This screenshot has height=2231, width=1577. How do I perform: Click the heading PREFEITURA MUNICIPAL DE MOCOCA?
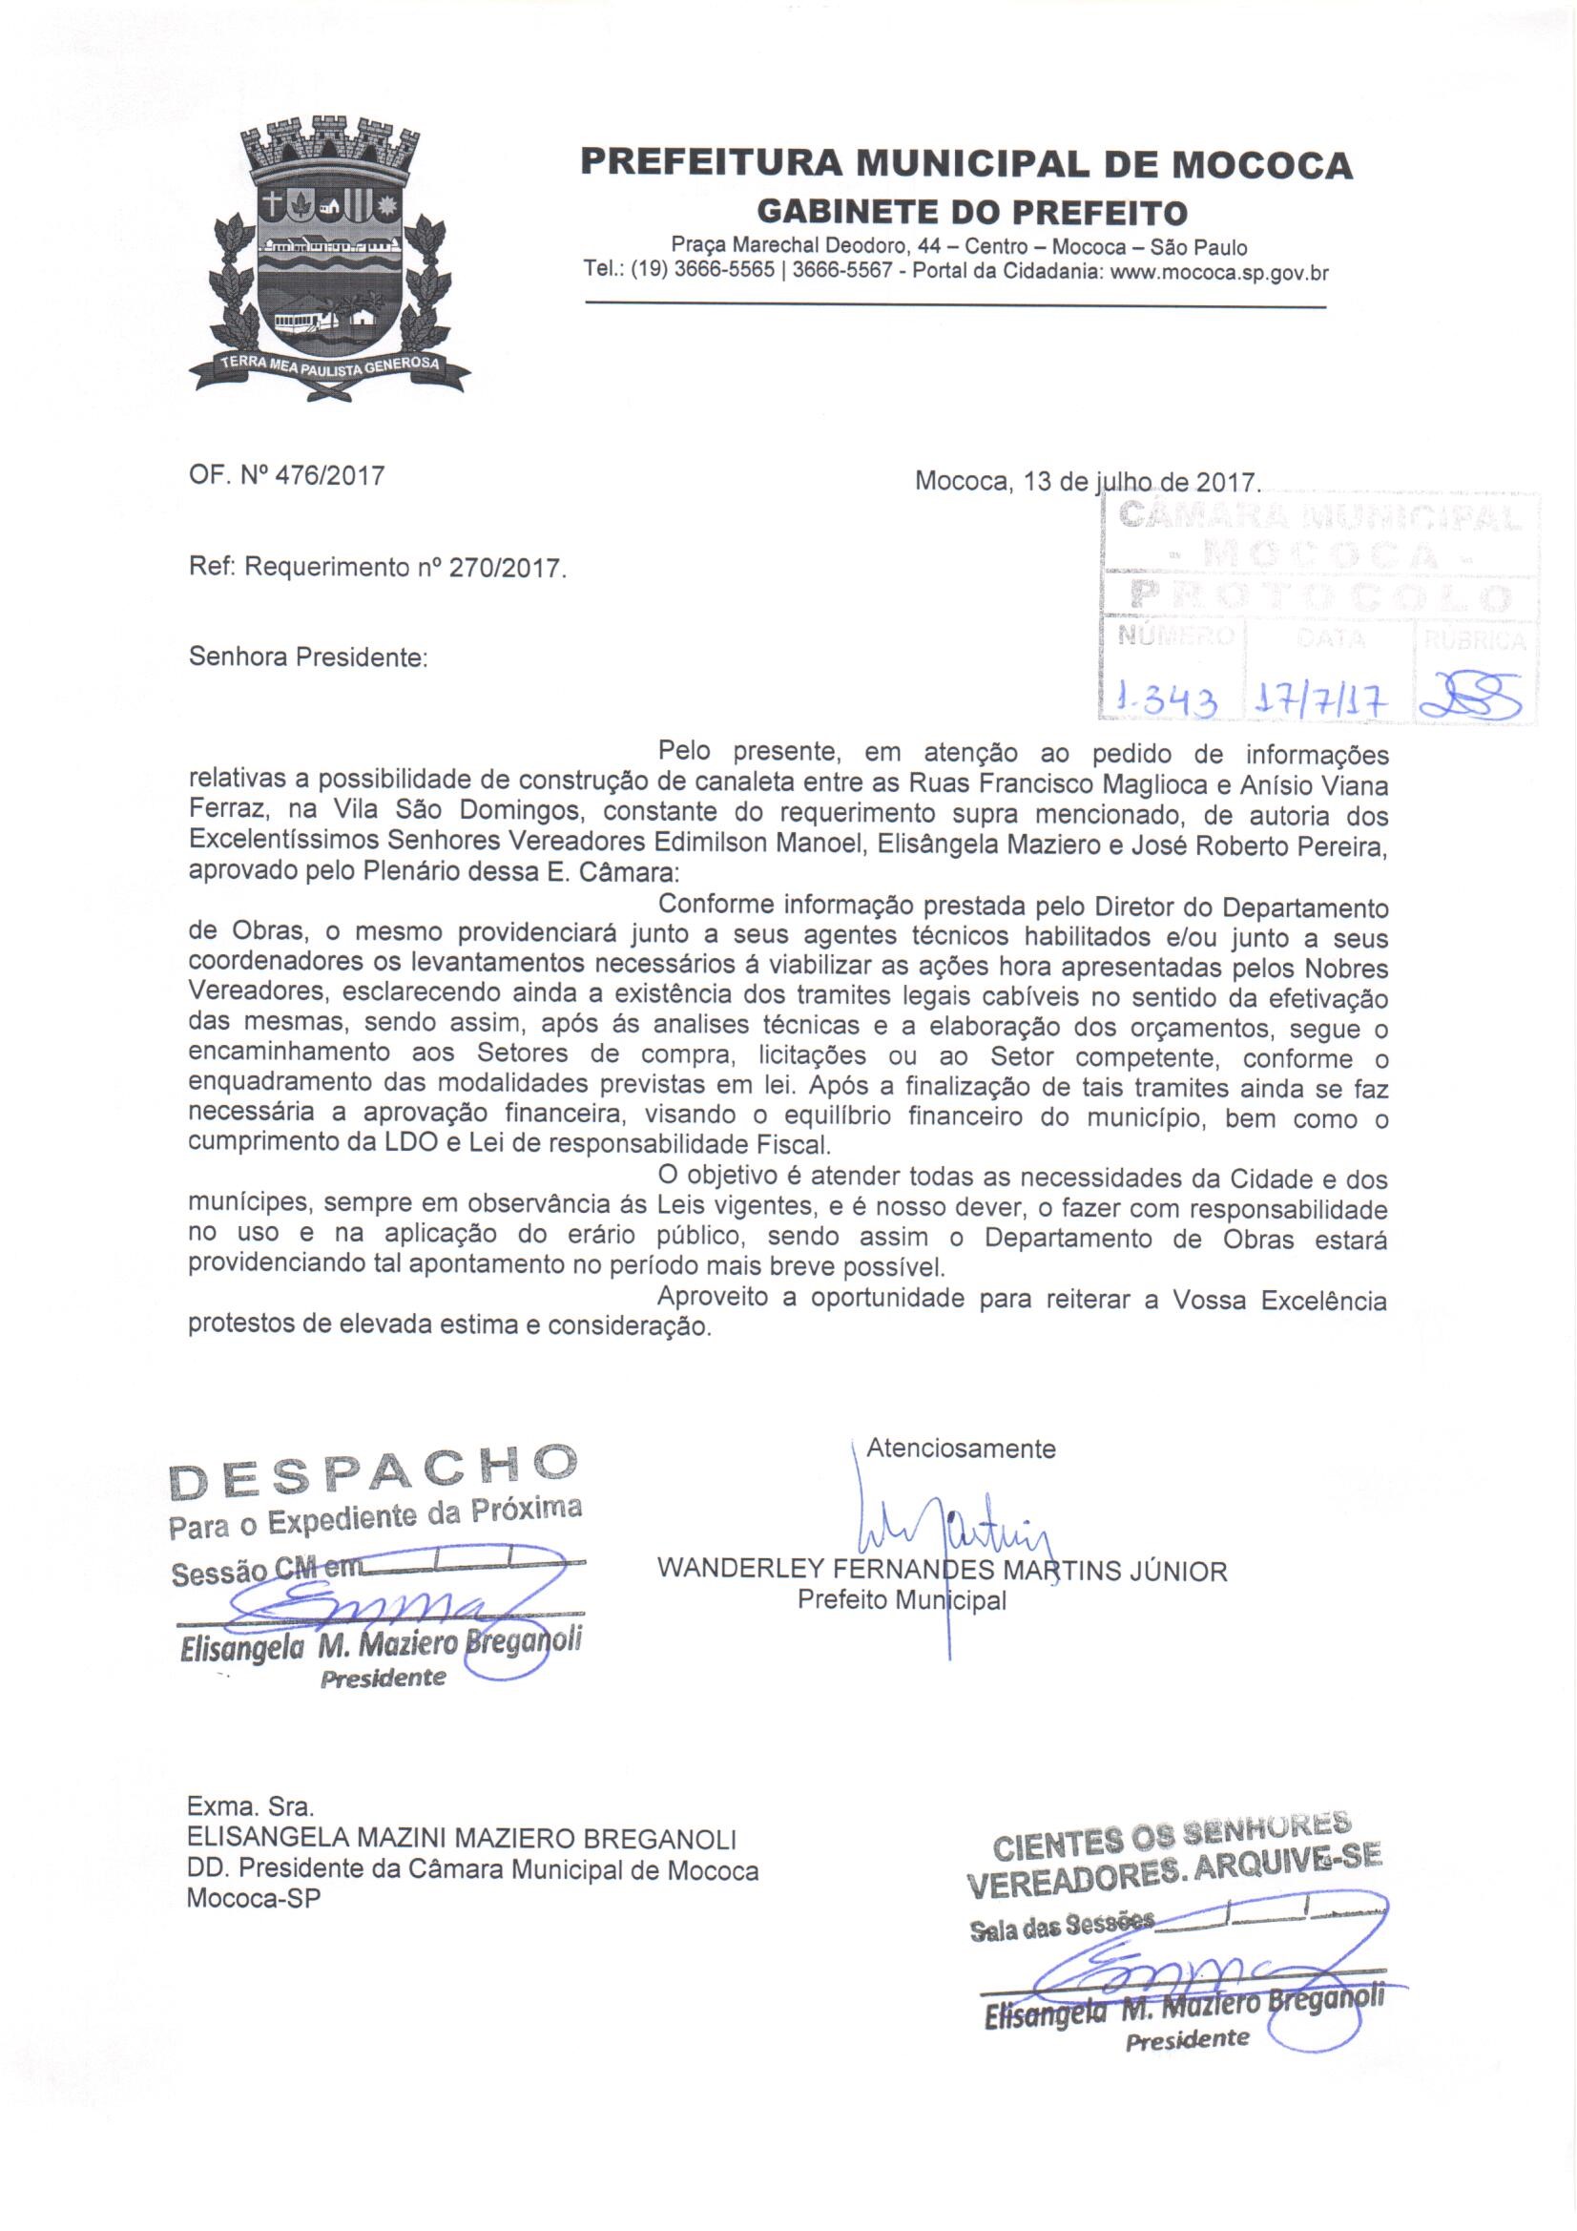[x=965, y=164]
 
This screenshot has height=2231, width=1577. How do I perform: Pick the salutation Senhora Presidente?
[x=307, y=657]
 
